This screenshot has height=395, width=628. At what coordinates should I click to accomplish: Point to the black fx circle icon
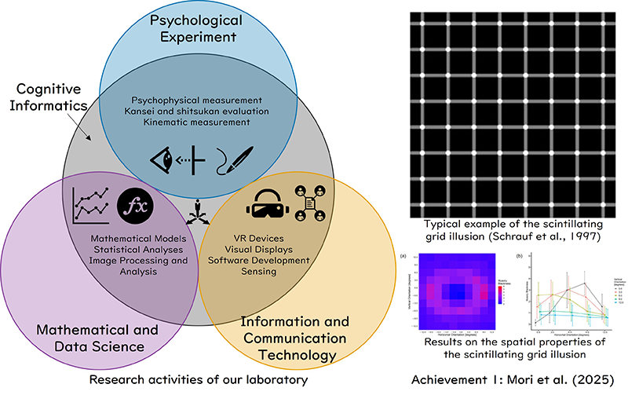pyautogui.click(x=135, y=207)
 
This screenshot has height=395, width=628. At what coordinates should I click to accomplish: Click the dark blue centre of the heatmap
pyautogui.click(x=455, y=292)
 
